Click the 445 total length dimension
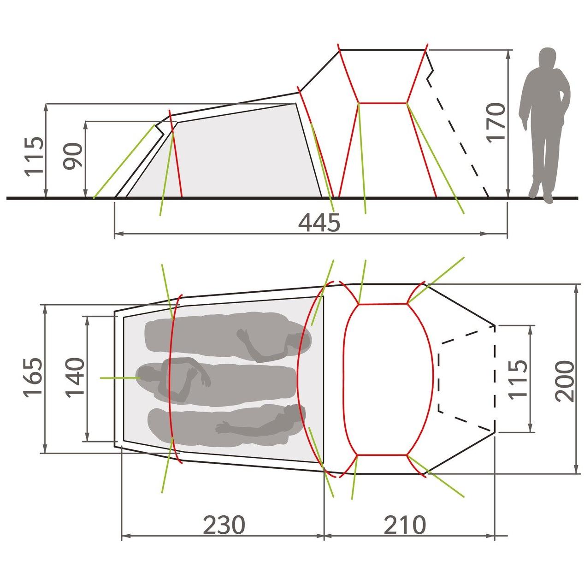pos(319,223)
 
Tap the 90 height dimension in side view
pos(73,155)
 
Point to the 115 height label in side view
pos(34,156)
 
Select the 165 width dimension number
pos(32,376)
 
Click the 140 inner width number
pos(75,377)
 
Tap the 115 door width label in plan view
pos(518,379)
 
